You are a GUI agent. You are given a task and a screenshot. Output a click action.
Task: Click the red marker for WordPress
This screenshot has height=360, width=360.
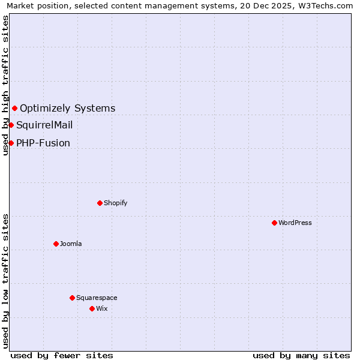(274, 223)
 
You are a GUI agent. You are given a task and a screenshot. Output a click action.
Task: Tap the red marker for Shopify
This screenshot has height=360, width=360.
(100, 203)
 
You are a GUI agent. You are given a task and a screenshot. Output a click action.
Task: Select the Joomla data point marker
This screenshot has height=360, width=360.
(56, 244)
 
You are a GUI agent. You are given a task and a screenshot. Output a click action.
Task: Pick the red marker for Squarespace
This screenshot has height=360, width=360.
(72, 298)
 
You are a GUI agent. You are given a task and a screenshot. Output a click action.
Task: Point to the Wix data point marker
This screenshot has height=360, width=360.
(92, 308)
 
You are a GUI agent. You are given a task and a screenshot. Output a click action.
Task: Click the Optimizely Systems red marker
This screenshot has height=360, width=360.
(14, 108)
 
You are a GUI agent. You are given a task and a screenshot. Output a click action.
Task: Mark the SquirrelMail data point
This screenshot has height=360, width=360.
(11, 125)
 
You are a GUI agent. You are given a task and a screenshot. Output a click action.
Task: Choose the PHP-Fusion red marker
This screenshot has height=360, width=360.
(11, 143)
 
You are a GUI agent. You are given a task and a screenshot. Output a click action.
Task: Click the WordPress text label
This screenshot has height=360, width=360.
(295, 223)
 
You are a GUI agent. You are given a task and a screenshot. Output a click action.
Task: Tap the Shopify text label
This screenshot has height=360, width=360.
(116, 203)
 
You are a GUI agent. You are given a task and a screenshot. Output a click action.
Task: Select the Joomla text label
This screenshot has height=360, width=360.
(71, 244)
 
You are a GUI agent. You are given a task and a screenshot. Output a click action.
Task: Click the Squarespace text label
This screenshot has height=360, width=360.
(97, 298)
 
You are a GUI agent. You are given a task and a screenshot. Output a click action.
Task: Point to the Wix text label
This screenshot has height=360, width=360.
(101, 308)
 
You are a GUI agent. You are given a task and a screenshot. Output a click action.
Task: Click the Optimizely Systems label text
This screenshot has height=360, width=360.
(68, 108)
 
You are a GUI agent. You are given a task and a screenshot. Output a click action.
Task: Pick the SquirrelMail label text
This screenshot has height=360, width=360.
(44, 125)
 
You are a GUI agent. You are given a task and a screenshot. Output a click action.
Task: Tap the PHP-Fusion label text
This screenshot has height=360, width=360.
(43, 143)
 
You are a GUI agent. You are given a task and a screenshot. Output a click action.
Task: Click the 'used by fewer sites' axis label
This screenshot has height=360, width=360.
(62, 355)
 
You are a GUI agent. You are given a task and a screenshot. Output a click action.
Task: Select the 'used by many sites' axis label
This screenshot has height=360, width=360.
(301, 355)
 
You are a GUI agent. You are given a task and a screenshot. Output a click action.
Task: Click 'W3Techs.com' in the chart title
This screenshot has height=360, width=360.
(327, 6)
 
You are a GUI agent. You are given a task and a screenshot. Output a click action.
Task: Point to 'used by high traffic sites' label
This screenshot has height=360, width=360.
(6, 85)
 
